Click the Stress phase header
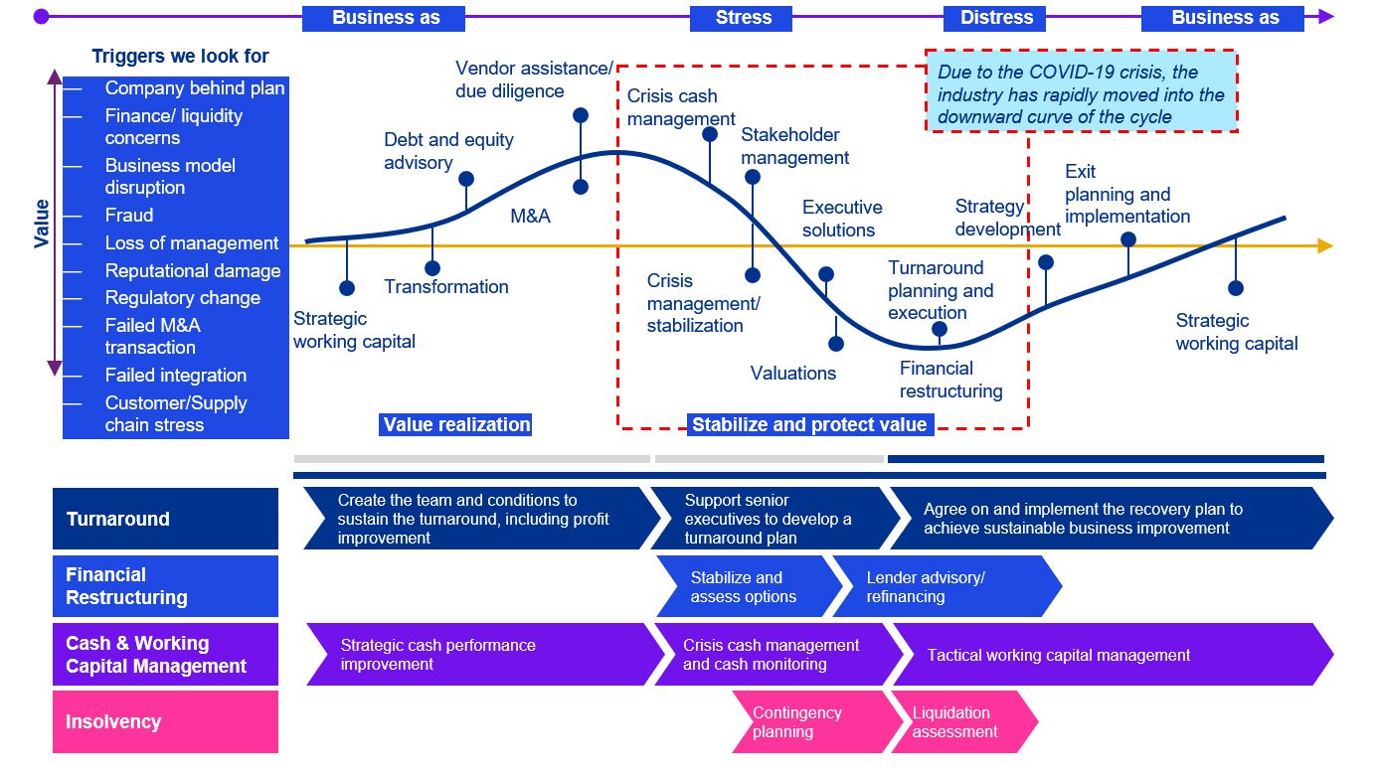(x=743, y=18)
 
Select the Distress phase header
(x=996, y=18)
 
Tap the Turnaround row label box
(x=165, y=519)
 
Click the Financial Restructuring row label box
(x=165, y=586)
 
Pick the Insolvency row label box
(x=165, y=722)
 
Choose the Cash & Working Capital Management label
(x=165, y=655)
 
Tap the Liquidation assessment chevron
(x=960, y=722)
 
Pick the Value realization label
(x=457, y=425)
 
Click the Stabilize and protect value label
(x=809, y=425)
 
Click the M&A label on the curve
(x=530, y=216)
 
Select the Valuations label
(x=793, y=374)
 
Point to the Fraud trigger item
(x=129, y=216)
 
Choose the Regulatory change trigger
(x=183, y=298)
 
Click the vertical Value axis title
(x=42, y=223)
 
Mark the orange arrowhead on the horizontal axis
(x=1324, y=246)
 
